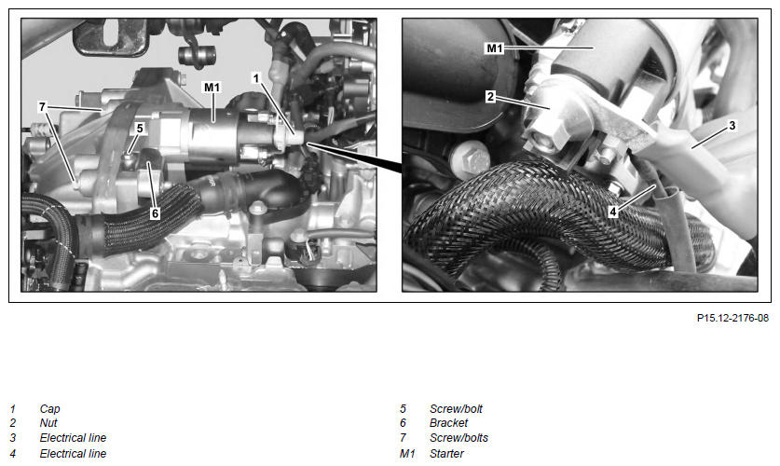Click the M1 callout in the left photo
[212, 87]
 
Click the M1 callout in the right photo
[495, 48]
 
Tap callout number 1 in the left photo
[256, 78]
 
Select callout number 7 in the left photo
[42, 106]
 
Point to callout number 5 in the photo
[140, 129]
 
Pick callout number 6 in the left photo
[156, 213]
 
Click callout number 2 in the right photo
[490, 97]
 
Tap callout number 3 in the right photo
[732, 125]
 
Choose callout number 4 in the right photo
[613, 212]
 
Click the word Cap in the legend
[49, 409]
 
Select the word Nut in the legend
[48, 423]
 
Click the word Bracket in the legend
[448, 423]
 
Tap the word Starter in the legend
[446, 454]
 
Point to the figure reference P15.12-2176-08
[732, 318]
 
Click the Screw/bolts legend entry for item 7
[458, 438]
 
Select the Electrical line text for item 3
[73, 438]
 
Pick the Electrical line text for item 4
[73, 454]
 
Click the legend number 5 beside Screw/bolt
[403, 409]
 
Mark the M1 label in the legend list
[407, 454]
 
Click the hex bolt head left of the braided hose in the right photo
[469, 159]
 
